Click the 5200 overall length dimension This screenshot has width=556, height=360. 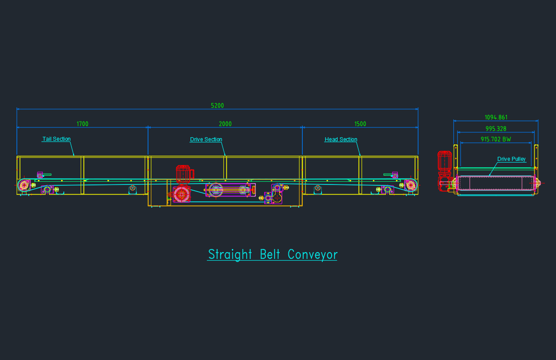[x=217, y=106]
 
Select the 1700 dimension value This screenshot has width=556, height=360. [x=82, y=124]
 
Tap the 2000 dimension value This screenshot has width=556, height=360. [x=225, y=124]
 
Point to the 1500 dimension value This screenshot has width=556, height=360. [x=360, y=124]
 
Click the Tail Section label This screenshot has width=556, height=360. [x=56, y=139]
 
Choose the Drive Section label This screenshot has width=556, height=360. [x=206, y=139]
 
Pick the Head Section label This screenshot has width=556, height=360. [x=341, y=139]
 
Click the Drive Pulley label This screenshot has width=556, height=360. [x=511, y=159]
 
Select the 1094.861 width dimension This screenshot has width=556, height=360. [x=496, y=118]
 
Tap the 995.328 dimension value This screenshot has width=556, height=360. [x=496, y=129]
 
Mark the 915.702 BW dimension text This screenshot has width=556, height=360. [x=496, y=139]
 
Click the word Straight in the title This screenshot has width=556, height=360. [x=230, y=254]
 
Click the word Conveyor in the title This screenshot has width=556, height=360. [x=313, y=254]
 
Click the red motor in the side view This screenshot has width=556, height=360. [x=184, y=174]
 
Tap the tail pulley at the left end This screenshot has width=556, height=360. [x=24, y=185]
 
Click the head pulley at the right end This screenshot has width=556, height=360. [x=411, y=184]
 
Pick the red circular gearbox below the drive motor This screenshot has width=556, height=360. [x=181, y=194]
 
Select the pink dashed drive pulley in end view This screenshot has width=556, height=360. [x=495, y=183]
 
